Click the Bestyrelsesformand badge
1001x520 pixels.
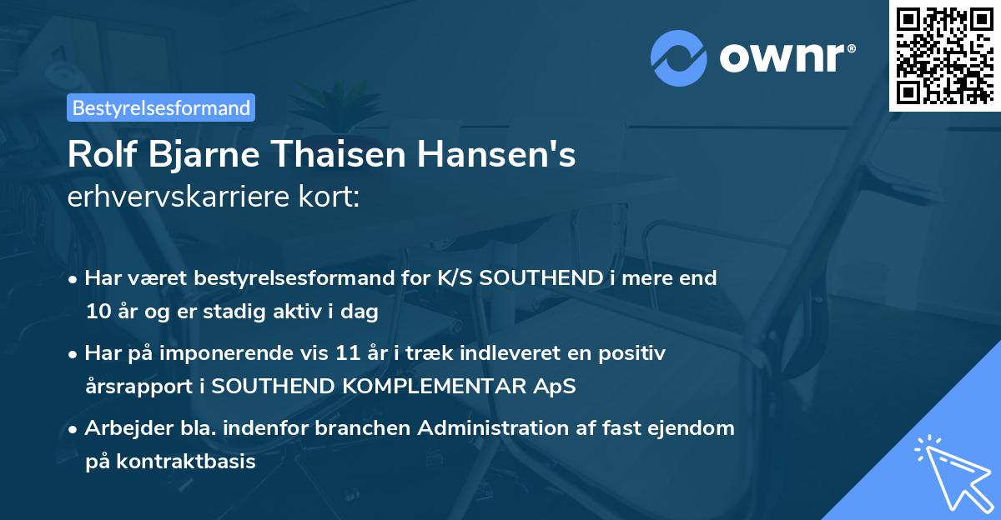click(161, 107)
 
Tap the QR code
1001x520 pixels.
click(945, 55)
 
